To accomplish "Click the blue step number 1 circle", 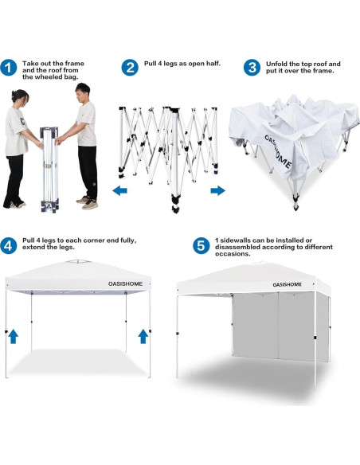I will pos(10,68).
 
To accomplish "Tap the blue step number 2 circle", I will pos(130,68).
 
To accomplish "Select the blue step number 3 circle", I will pos(252,68).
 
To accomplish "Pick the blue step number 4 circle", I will pos(10,244).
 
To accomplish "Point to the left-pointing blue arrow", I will pos(119,190).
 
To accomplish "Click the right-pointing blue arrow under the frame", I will pos(217,190).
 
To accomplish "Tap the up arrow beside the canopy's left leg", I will pos(14,336).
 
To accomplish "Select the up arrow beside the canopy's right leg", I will pos(143,336).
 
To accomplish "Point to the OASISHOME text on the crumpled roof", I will pos(278,151).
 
